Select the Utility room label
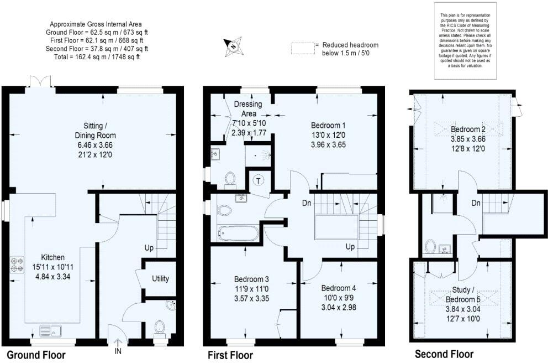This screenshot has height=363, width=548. click(161, 278)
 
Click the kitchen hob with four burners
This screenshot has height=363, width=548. click(17, 264)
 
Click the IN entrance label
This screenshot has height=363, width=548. click(118, 351)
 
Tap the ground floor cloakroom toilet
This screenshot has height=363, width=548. click(160, 328)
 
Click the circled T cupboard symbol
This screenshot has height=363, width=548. click(258, 179)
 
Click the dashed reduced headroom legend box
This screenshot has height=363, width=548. click(302, 49)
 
